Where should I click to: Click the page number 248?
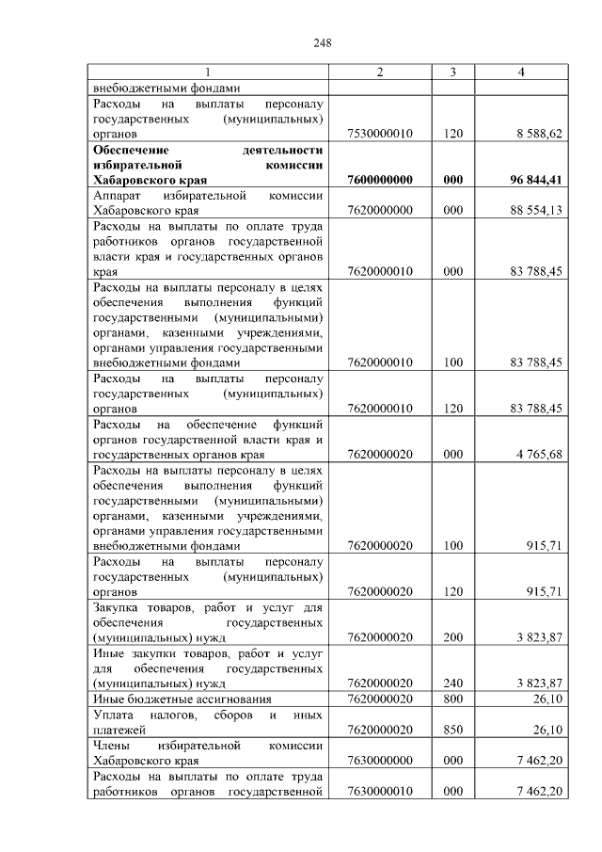point(322,43)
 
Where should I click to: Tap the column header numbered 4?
point(520,73)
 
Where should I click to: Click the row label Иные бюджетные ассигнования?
point(182,699)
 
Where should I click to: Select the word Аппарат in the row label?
point(117,195)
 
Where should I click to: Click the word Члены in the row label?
point(111,745)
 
